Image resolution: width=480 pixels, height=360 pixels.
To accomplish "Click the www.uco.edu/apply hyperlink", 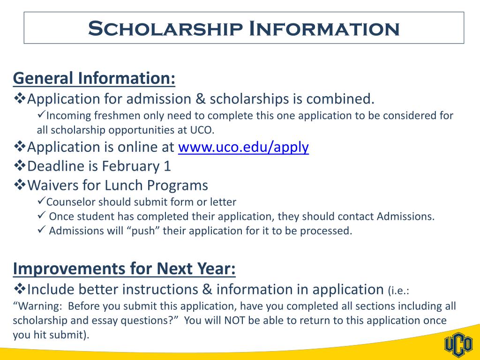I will (243, 147).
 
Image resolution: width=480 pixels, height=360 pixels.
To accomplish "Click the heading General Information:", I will (94, 78).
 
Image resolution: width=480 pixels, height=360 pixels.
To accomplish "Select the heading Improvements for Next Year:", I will (124, 269).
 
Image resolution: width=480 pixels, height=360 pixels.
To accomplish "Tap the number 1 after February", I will (167, 166).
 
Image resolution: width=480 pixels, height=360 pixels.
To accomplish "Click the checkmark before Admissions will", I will (41, 230).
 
